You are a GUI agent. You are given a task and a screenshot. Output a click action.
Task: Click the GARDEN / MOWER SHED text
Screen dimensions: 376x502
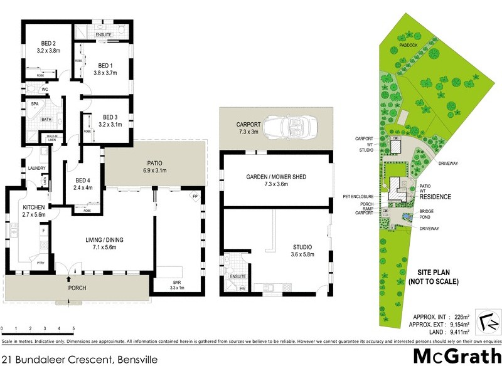point(276,181)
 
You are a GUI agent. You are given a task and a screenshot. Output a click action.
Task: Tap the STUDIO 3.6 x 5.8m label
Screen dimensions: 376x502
point(301,251)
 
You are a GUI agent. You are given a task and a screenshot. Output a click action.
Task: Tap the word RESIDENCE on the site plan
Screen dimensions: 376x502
point(435,197)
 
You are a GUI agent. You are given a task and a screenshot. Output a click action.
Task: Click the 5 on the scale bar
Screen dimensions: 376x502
point(73,329)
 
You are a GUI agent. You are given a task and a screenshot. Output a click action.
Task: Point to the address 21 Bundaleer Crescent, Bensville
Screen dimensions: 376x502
point(78,360)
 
